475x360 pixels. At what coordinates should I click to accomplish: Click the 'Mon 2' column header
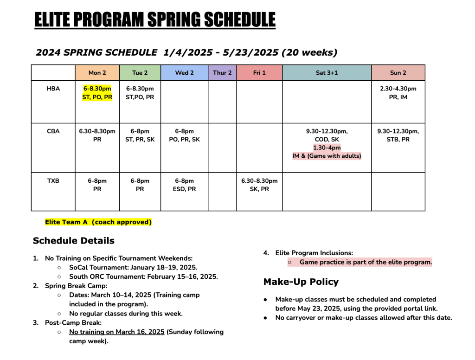[97, 73]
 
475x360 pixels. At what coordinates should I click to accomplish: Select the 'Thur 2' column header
[222, 73]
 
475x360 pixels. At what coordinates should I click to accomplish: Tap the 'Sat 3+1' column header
[327, 73]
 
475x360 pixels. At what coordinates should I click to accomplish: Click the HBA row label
[53, 89]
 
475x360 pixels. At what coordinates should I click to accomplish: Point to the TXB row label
[53, 181]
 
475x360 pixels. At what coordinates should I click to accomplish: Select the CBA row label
[53, 131]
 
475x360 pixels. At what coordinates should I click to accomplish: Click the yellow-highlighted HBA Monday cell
[97, 93]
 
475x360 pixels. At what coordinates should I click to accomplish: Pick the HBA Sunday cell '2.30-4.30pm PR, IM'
[398, 93]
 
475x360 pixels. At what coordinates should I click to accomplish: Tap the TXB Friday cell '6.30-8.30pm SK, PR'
[260, 185]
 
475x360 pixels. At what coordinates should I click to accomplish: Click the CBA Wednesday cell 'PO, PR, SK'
[185, 135]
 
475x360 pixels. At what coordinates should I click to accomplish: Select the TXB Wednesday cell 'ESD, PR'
[185, 185]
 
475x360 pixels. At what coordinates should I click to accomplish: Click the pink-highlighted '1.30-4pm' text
[327, 148]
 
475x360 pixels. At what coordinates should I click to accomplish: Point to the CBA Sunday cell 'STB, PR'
[398, 135]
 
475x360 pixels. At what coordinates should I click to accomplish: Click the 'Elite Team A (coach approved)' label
[98, 222]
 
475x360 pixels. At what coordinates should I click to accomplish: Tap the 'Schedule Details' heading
[73, 241]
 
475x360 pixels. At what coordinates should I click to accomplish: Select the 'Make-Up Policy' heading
[301, 282]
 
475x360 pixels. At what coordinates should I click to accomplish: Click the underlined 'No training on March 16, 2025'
[117, 332]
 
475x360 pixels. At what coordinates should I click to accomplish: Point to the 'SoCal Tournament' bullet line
[133, 268]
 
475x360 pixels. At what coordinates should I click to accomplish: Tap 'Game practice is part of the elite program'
[366, 262]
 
